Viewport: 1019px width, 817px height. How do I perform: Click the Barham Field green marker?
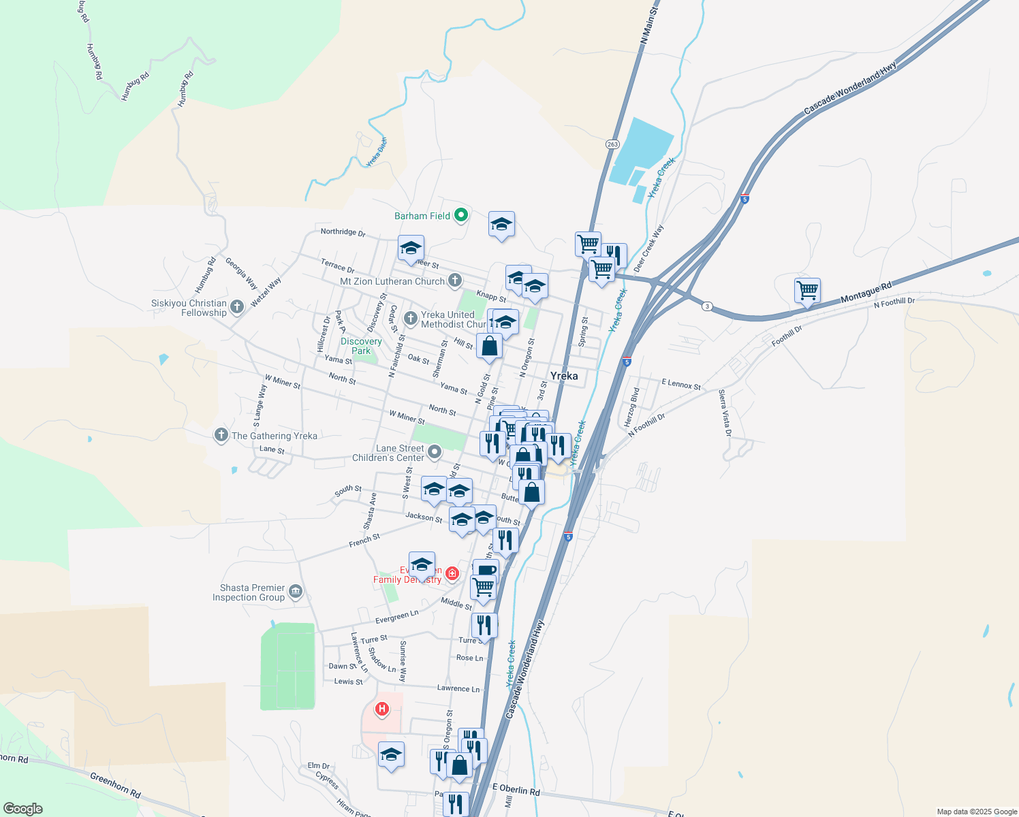click(x=461, y=216)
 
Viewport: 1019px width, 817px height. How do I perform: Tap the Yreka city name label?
click(x=564, y=376)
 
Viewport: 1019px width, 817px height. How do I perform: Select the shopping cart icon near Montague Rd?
click(x=807, y=291)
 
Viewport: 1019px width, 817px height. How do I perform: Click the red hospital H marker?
click(x=382, y=709)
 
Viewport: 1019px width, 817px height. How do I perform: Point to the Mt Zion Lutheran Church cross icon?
click(x=455, y=281)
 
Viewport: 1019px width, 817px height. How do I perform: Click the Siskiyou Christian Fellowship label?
click(x=189, y=308)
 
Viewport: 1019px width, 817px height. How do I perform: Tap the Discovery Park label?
click(x=361, y=346)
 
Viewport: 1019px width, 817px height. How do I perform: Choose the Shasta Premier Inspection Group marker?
click(x=295, y=592)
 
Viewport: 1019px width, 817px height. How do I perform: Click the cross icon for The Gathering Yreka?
click(x=221, y=435)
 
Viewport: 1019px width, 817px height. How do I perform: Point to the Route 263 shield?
click(x=612, y=144)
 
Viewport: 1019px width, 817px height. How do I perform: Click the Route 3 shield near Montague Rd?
click(x=708, y=306)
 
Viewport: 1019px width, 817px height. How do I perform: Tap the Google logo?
click(x=23, y=809)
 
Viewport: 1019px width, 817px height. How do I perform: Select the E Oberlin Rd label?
click(x=516, y=790)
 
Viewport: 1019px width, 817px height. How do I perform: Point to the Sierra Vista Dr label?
click(x=725, y=413)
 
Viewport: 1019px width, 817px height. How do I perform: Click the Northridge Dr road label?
click(x=343, y=232)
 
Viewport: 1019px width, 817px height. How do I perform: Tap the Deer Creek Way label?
click(x=648, y=249)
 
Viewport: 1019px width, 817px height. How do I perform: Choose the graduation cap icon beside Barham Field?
click(x=501, y=224)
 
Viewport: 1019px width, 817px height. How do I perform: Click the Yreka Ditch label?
click(x=376, y=152)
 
